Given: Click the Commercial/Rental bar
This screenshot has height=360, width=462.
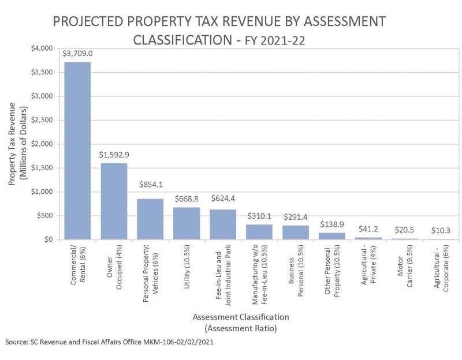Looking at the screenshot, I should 77,151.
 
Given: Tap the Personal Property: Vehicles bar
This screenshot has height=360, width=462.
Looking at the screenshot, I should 150,219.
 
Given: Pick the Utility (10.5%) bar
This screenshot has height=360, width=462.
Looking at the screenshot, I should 187,223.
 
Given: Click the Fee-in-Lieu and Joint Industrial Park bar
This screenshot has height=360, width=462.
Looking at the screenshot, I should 223,224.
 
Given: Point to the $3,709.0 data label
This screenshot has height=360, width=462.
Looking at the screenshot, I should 77,53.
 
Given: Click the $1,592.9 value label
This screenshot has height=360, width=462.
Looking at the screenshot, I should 114,155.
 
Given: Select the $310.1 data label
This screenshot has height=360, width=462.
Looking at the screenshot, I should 259,216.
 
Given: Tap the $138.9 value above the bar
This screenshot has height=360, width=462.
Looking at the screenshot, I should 332,224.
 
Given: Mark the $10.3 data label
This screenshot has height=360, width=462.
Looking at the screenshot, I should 441,230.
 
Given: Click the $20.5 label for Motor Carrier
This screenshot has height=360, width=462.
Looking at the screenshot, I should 405,229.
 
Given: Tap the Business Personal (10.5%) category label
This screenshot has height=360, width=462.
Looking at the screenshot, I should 296,271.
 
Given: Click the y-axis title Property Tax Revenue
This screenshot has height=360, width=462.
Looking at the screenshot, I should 17,144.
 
